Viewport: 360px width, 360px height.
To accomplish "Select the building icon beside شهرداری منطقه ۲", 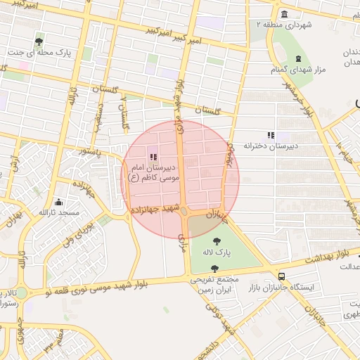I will [x=283, y=14].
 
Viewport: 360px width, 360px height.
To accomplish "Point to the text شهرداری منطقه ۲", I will [x=283, y=25].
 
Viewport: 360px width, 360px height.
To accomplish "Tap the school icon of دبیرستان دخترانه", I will [x=271, y=134].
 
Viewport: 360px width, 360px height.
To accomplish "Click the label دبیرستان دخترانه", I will [x=266, y=146].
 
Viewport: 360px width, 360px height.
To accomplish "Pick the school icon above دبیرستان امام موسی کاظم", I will [x=153, y=156].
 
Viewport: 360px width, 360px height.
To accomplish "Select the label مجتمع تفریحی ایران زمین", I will [x=213, y=283].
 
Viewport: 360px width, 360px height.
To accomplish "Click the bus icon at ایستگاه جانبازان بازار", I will [x=281, y=277].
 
